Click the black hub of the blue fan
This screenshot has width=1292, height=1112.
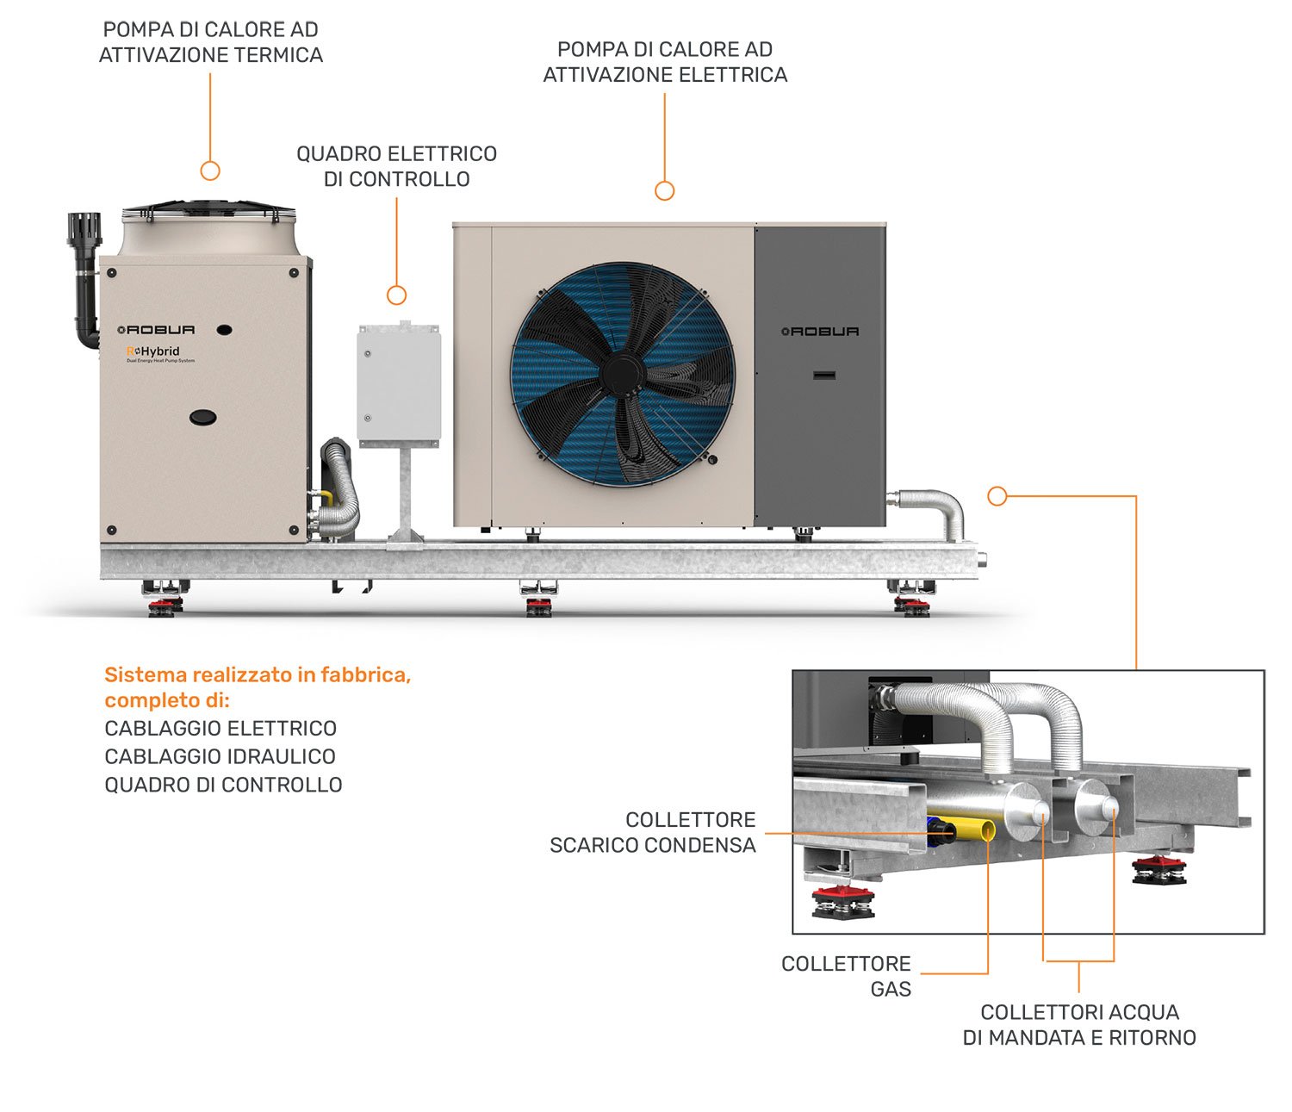623,373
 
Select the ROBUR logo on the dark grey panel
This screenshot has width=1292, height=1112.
820,332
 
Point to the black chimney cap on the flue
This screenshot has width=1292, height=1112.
84,229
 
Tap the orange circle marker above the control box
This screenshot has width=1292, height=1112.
396,295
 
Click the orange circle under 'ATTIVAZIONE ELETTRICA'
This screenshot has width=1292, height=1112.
664,190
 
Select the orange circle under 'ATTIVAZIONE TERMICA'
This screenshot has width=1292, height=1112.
210,171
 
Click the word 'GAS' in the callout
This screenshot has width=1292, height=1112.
891,989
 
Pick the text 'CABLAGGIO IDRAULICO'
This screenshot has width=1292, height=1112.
220,756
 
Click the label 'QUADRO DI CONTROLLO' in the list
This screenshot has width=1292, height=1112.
223,785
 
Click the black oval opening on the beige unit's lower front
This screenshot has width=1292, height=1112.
203,417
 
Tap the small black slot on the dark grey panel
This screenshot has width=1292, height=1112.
824,375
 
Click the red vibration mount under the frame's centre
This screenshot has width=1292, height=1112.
539,607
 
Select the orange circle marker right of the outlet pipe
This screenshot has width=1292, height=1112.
997,496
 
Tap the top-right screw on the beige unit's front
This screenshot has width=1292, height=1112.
294,272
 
